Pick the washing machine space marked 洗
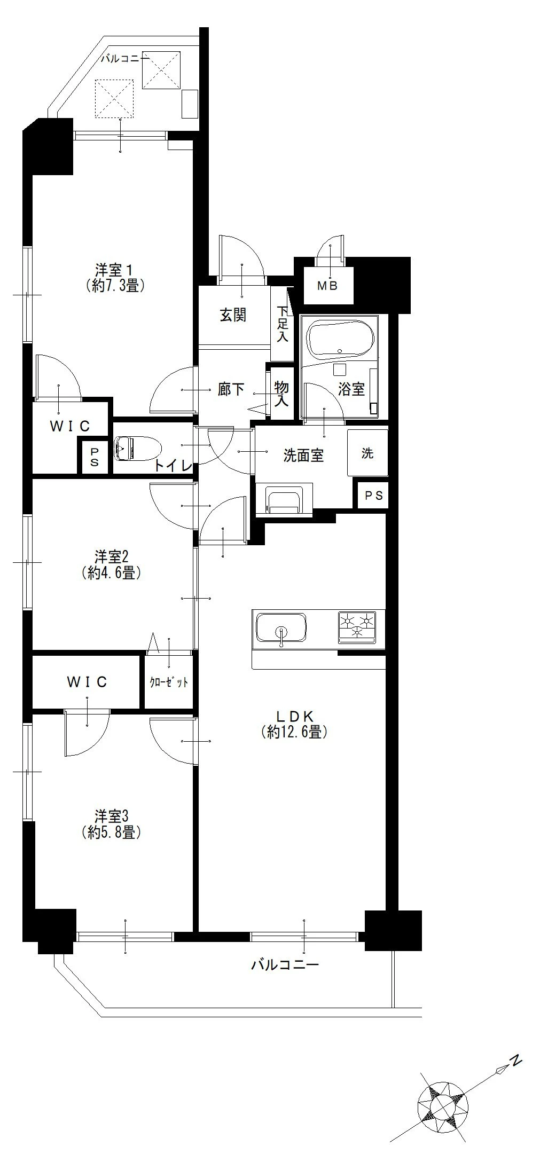[x=367, y=453]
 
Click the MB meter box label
[x=327, y=286]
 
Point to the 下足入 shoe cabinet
[x=282, y=324]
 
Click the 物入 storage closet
[x=281, y=393]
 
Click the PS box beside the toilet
[x=94, y=457]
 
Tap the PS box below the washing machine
[x=374, y=496]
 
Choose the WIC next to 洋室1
[x=70, y=426]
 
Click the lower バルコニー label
[x=285, y=964]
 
